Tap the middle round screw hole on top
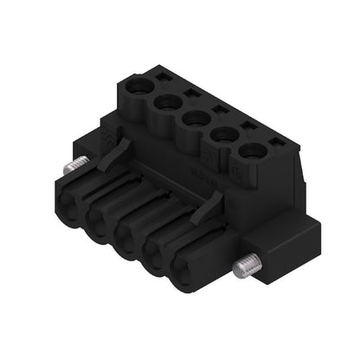tap(192, 119)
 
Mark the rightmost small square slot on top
tap(276, 141)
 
